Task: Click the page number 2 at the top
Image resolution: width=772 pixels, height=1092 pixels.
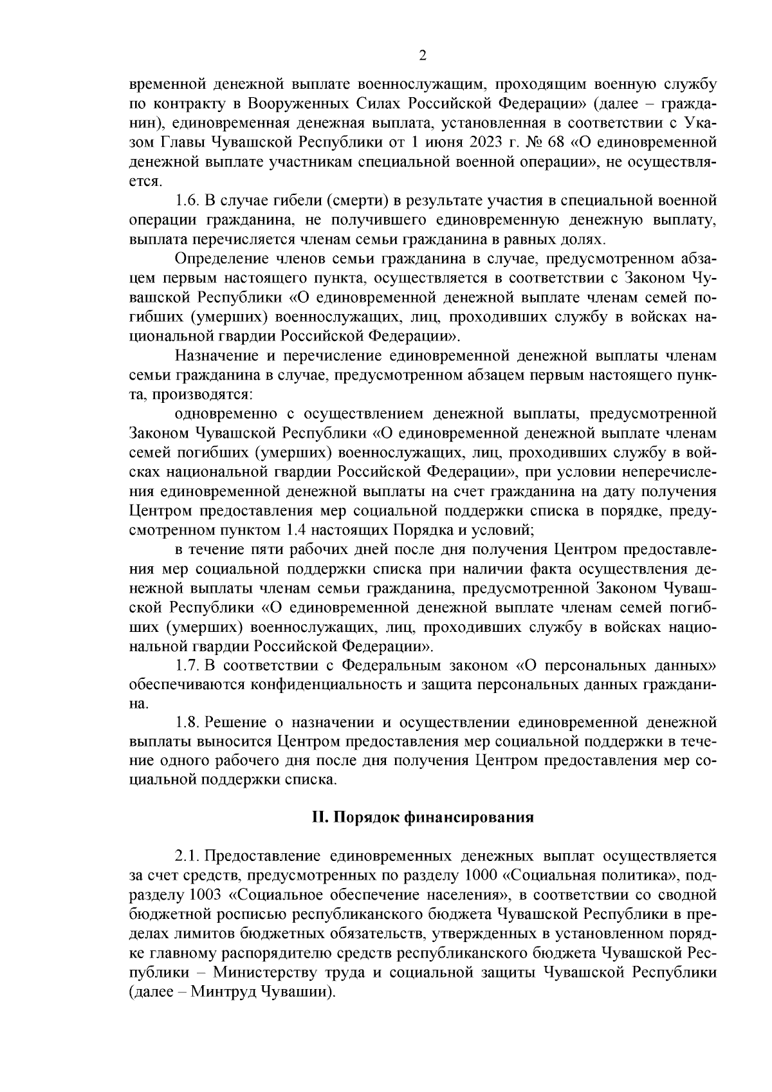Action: [423, 55]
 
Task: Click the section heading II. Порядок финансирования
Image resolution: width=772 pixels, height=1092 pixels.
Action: [423, 817]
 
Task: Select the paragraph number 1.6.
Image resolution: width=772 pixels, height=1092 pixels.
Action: [187, 201]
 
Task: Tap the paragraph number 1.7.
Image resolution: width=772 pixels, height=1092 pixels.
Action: [187, 665]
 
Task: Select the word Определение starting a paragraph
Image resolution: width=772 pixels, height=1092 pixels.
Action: [212, 260]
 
